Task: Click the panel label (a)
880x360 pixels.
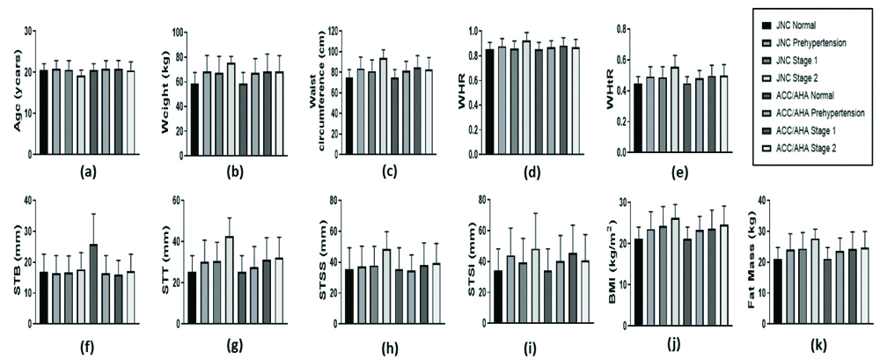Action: pyautogui.click(x=89, y=173)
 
